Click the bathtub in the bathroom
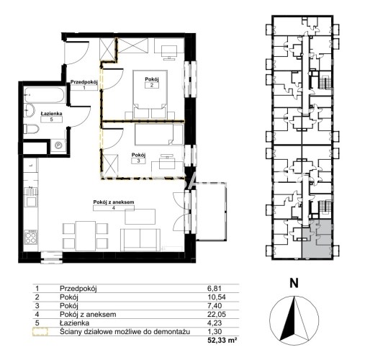click(45, 95)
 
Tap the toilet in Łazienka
click(31, 130)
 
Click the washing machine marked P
click(58, 145)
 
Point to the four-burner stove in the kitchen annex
click(31, 237)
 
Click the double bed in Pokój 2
click(150, 94)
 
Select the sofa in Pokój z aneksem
click(140, 240)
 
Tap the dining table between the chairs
click(86, 236)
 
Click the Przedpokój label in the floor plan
click(84, 82)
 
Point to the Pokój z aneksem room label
click(114, 202)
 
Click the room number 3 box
click(138, 161)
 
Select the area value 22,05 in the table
click(215, 314)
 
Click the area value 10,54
click(217, 297)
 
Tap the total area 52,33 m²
click(222, 340)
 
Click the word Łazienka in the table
click(74, 323)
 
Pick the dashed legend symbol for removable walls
click(40, 332)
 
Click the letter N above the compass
click(294, 283)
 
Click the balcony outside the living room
click(212, 211)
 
